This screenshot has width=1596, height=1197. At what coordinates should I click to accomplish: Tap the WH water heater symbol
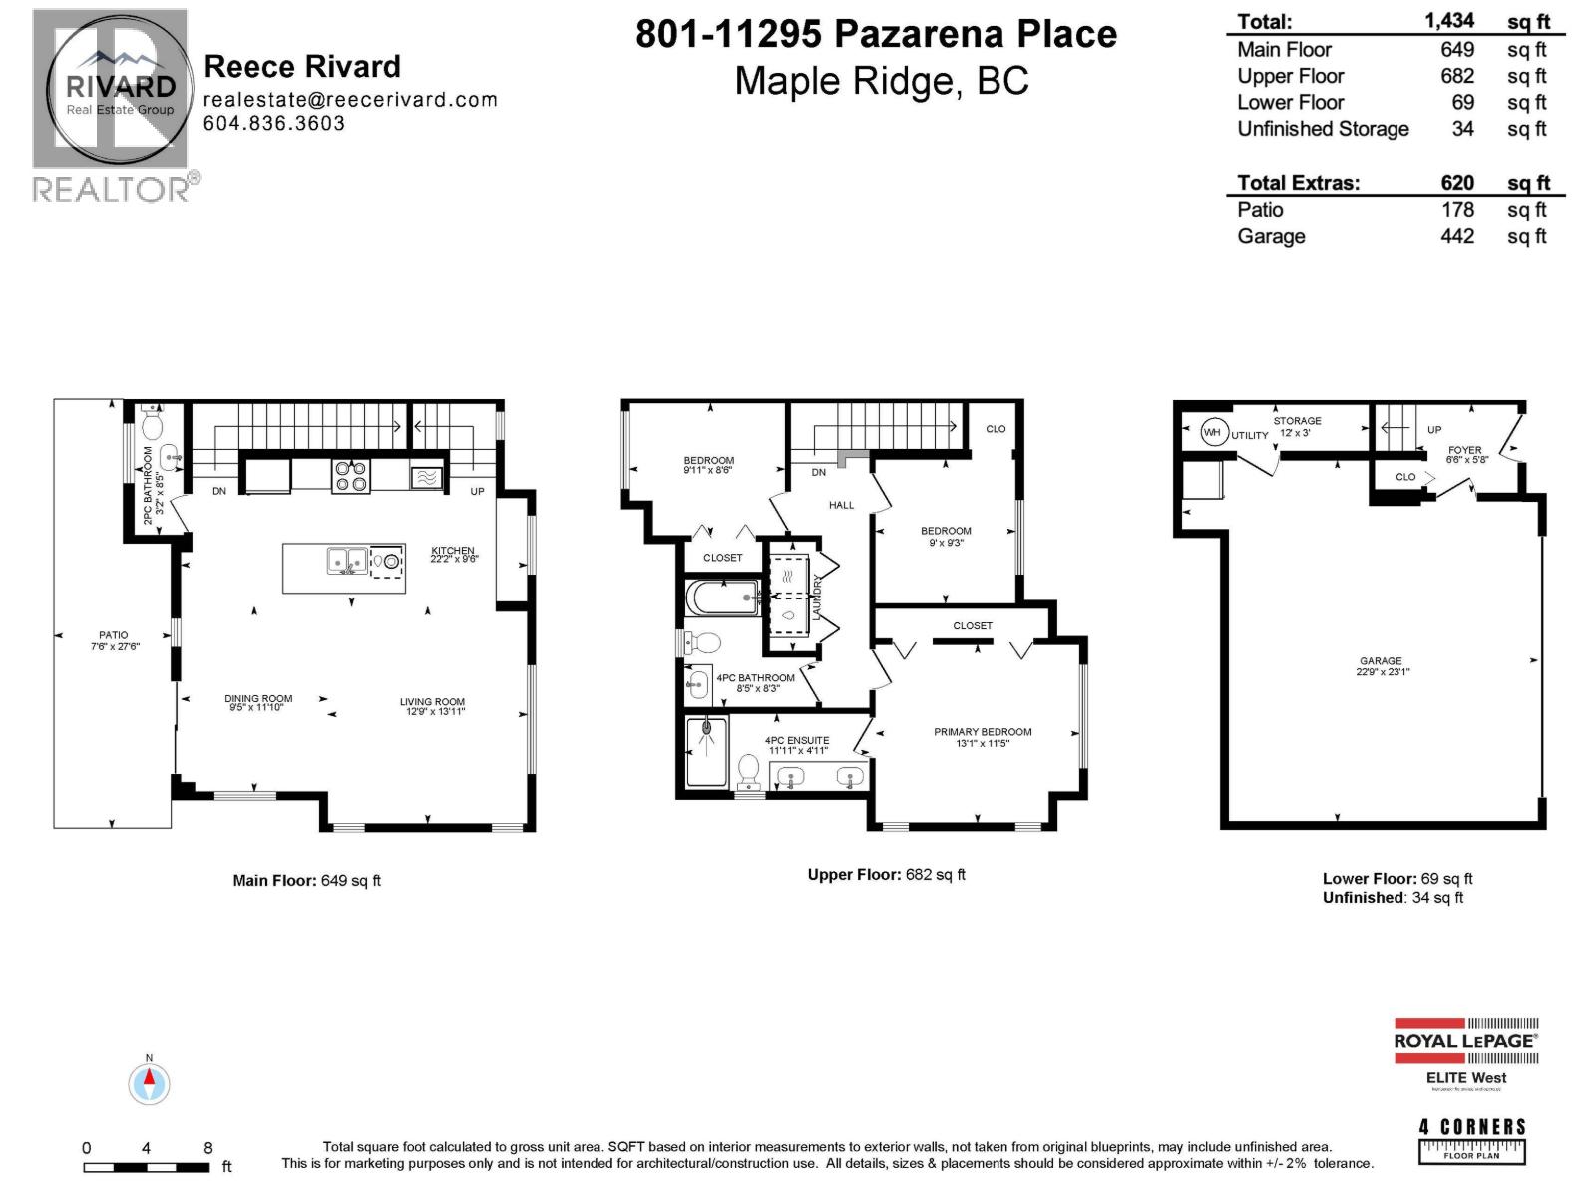tap(1212, 432)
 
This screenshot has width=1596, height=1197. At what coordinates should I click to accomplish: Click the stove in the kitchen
tap(350, 476)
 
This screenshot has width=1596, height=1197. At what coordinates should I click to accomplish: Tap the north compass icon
tap(149, 1083)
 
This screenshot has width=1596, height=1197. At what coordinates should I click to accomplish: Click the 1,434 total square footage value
tap(1449, 20)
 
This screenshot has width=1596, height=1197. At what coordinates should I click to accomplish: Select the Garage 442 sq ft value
tap(1456, 236)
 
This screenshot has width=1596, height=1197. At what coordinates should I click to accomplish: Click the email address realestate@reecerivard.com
tap(349, 99)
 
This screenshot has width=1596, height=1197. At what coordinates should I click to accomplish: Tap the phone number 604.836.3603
tap(274, 123)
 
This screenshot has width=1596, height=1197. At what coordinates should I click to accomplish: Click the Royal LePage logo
tap(1465, 1041)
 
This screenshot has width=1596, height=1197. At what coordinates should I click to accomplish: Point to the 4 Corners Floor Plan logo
tap(1471, 1141)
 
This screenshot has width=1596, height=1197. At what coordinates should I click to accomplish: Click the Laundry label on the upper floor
tap(817, 597)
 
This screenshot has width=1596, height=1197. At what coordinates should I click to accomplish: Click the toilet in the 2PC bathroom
tap(153, 426)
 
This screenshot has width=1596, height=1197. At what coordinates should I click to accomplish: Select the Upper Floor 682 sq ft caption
tap(886, 874)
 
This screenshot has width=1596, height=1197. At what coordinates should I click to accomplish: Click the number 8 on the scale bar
tap(207, 1148)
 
